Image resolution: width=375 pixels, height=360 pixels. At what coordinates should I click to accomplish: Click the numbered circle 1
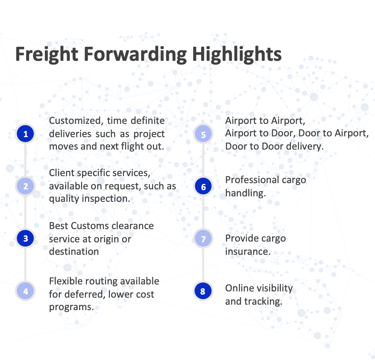[26, 134]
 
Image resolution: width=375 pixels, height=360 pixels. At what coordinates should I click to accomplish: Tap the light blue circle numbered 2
[26, 186]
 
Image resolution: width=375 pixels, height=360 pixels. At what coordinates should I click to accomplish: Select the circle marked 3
[26, 238]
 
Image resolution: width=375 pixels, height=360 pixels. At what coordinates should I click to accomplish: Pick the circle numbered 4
[26, 291]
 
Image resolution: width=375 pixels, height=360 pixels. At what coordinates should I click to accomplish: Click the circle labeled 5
[203, 134]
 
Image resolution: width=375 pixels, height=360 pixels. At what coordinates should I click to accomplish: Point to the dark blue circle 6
[203, 187]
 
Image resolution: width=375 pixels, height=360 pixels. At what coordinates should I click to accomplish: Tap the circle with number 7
[203, 238]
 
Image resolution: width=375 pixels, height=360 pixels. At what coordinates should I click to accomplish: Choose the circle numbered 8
[203, 291]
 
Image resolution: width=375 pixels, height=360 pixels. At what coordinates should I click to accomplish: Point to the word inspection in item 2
[106, 199]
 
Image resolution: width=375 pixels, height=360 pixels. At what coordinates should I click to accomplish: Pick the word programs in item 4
[71, 307]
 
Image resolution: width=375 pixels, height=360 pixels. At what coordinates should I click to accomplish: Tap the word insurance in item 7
[248, 251]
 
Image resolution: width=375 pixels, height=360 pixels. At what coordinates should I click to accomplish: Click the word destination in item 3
[74, 251]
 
